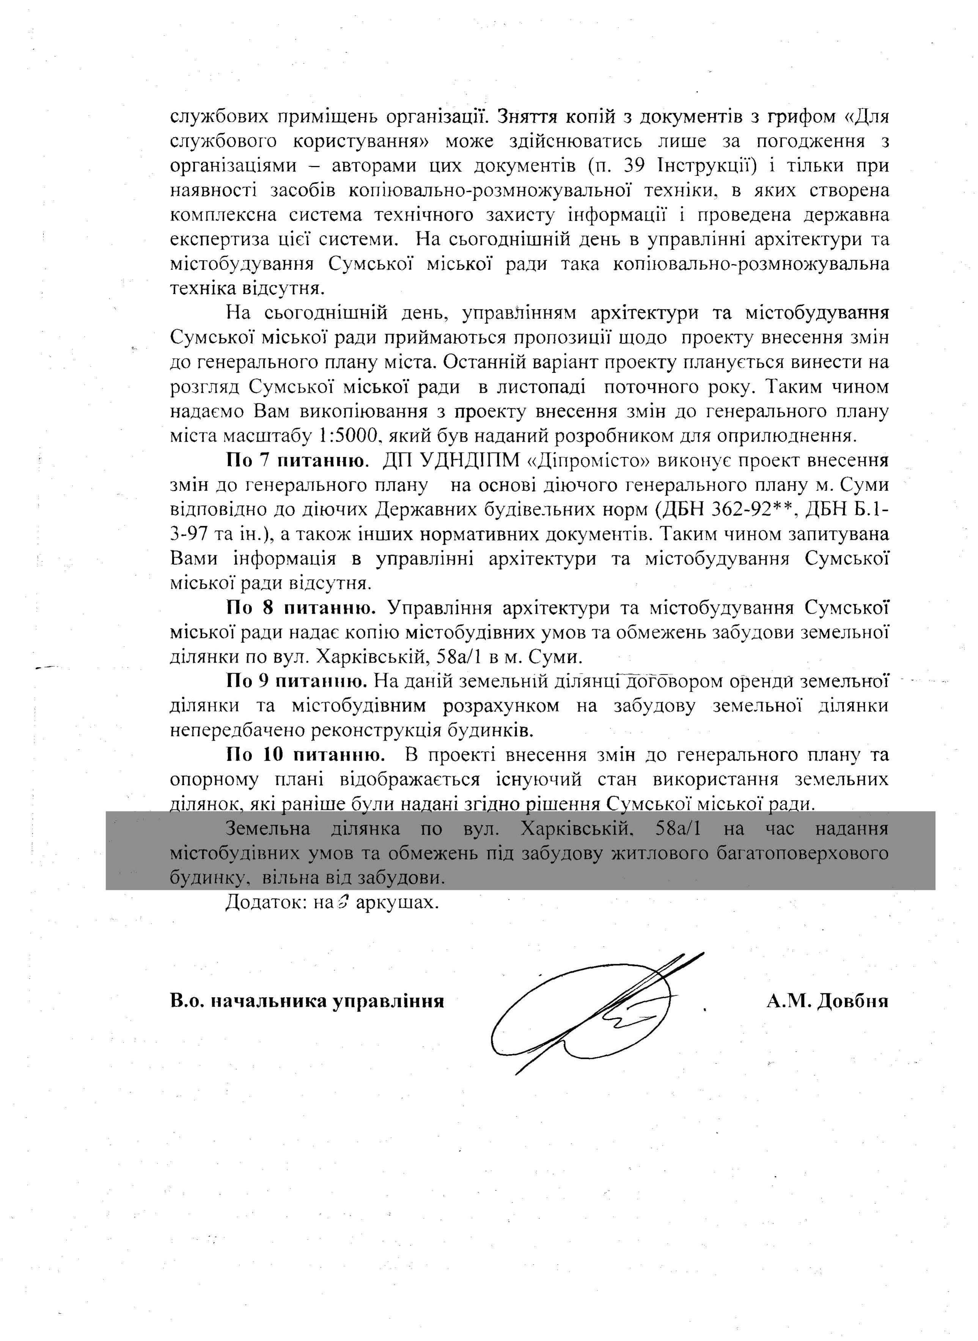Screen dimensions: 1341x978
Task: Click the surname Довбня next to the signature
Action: pyautogui.click(x=851, y=1001)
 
